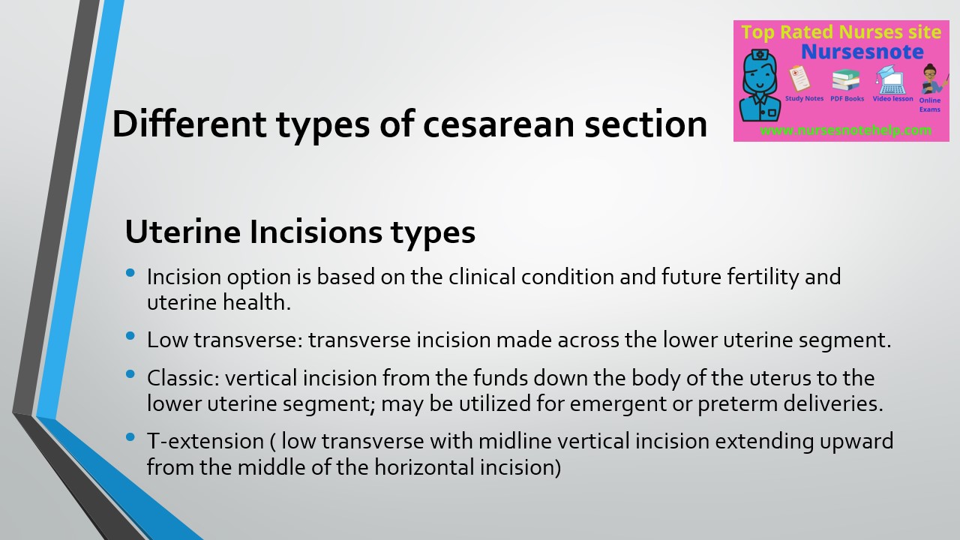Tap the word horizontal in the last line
(436, 467)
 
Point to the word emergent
(617, 403)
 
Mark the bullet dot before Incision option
(132, 274)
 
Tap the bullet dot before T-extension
(132, 437)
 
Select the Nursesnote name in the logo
(862, 52)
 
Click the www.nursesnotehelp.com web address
(845, 130)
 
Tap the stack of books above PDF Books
(846, 79)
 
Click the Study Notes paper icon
(800, 78)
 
